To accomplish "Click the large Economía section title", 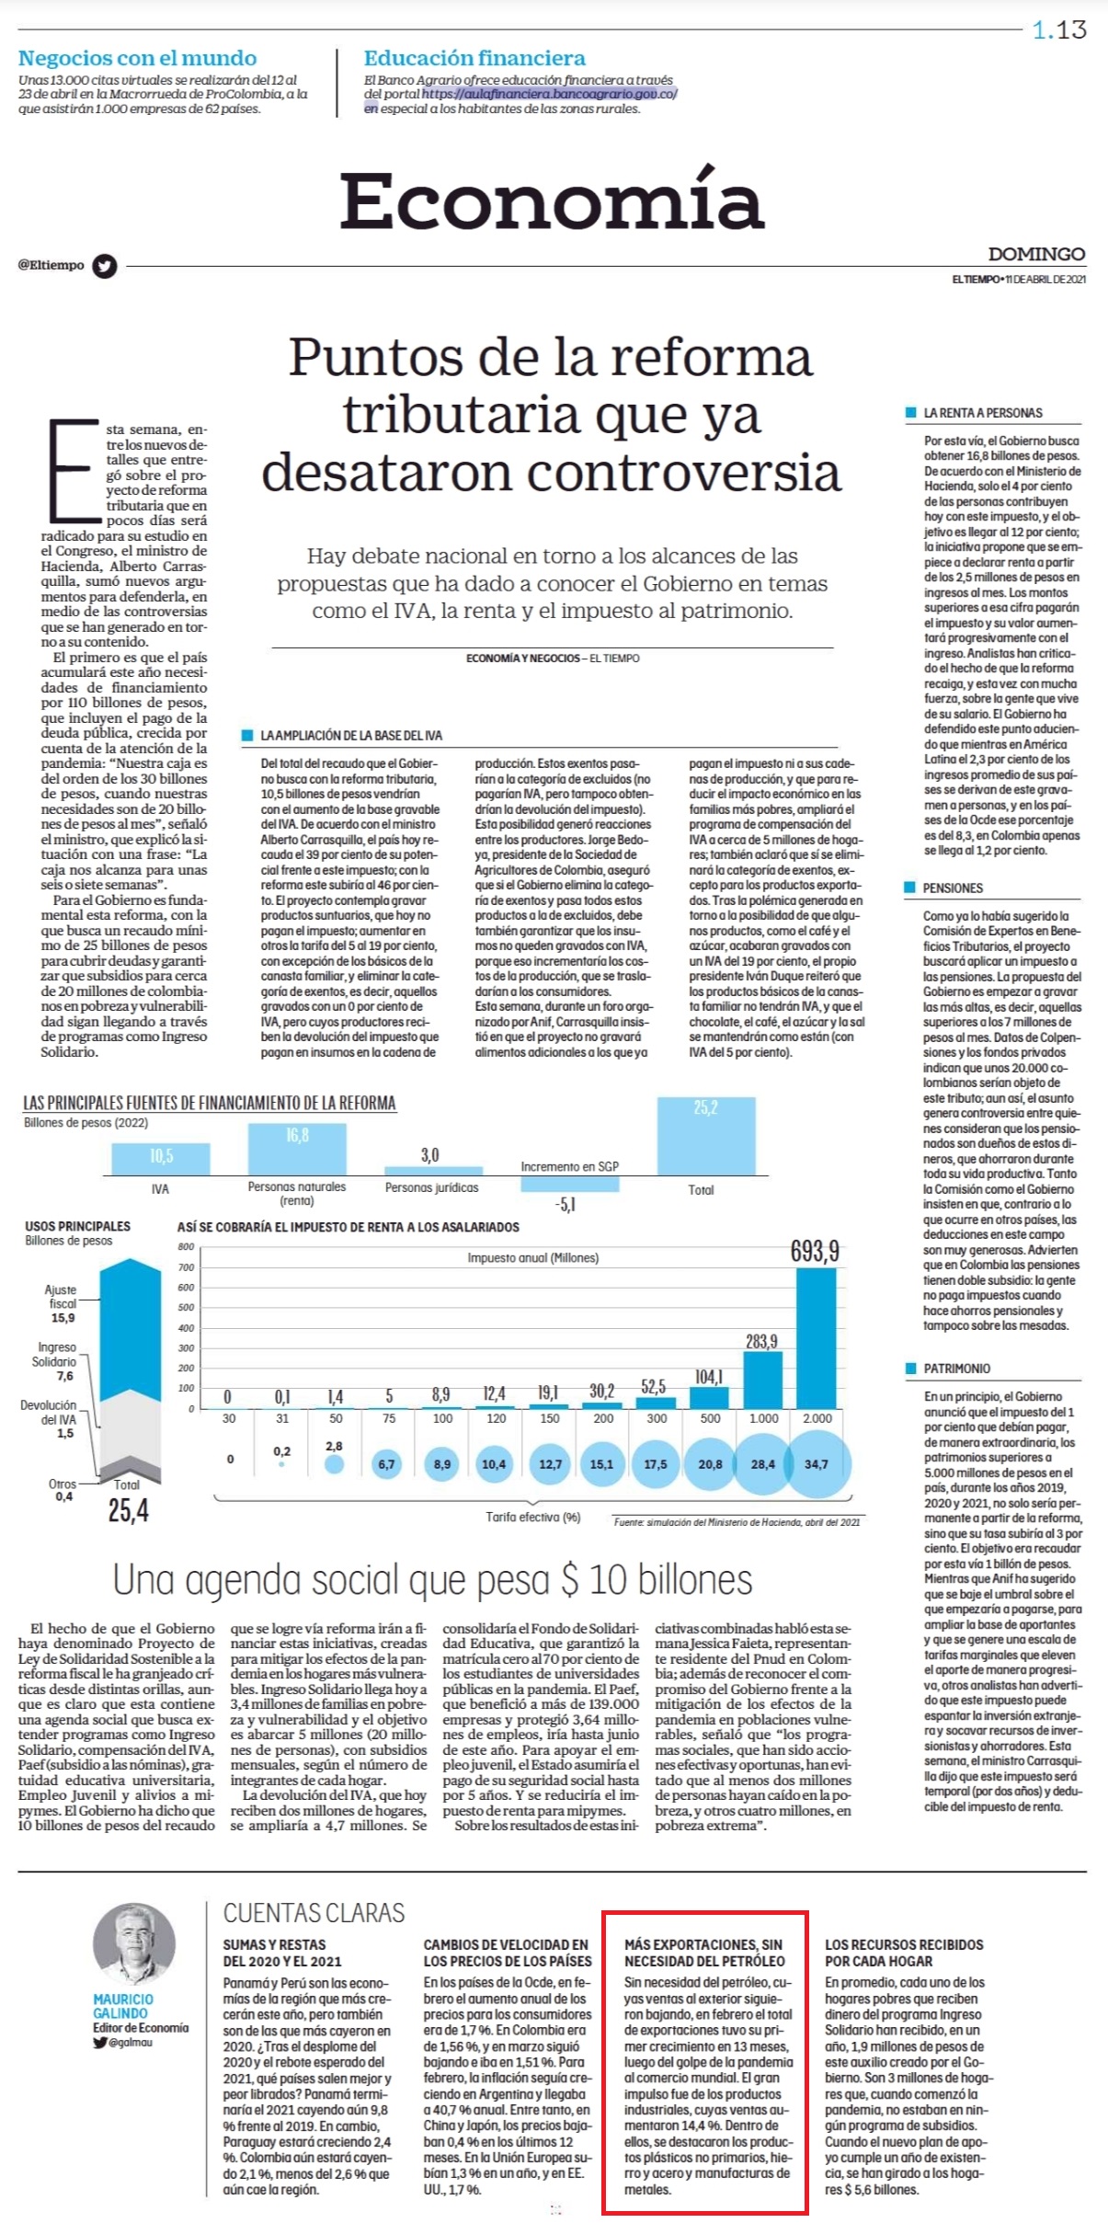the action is point(552,200).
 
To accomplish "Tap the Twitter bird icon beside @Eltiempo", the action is point(105,266).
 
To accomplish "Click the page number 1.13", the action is point(1059,30).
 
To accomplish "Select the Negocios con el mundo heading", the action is point(137,58).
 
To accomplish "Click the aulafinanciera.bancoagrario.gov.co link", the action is point(550,94).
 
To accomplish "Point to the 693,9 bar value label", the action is point(815,1251).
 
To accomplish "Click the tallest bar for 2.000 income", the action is point(816,1337).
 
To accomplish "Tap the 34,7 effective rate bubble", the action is point(816,1463).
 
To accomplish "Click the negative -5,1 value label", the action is point(566,1204).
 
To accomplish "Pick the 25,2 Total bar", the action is point(705,1136).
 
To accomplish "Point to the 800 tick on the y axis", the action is point(186,1247).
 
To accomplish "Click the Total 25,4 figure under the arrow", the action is point(129,1510).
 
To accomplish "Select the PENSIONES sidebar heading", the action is point(953,888).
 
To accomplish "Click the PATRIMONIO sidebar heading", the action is point(956,1369).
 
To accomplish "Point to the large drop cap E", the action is point(73,470).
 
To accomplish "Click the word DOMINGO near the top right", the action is point(1036,254).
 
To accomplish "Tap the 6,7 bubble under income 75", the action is point(386,1463).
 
